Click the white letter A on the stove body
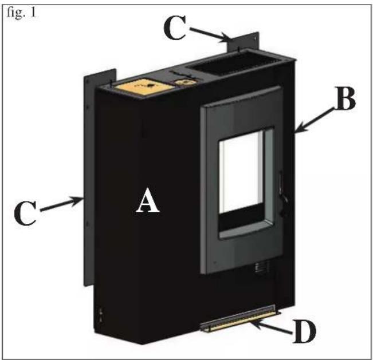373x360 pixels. [147, 200]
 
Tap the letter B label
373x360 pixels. [345, 98]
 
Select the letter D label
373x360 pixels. [305, 331]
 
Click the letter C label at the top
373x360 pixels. [175, 27]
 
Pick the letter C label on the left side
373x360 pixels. [25, 213]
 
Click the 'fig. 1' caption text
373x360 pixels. [21, 13]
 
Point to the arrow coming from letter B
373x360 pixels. [313, 120]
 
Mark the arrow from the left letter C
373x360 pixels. [61, 204]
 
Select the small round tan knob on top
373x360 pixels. [184, 82]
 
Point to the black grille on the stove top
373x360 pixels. [235, 63]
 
